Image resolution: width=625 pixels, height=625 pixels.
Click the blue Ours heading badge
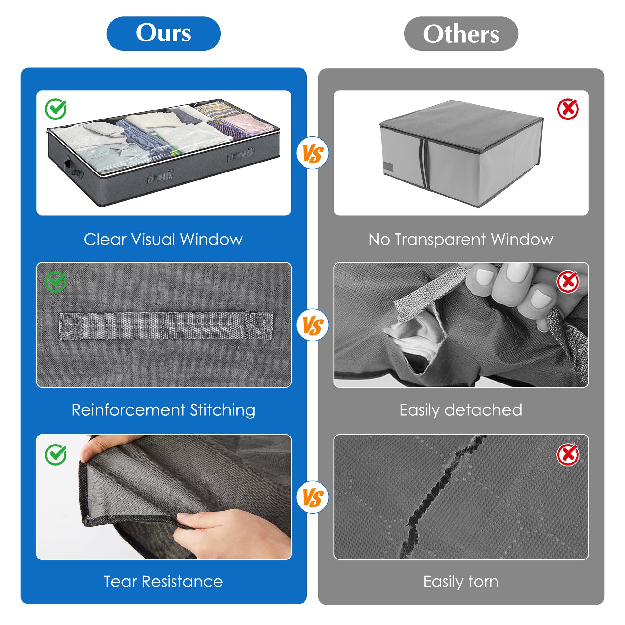pyautogui.click(x=163, y=34)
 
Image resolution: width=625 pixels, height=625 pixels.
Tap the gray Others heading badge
pyautogui.click(x=461, y=34)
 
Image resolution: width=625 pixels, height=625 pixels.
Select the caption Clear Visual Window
pyautogui.click(x=163, y=240)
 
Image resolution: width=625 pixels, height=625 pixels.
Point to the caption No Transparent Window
pyautogui.click(x=461, y=240)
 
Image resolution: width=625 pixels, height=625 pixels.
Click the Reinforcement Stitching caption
pyautogui.click(x=163, y=410)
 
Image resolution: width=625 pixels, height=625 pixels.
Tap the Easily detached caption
pyautogui.click(x=461, y=410)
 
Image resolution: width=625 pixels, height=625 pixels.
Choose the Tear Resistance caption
pyautogui.click(x=163, y=582)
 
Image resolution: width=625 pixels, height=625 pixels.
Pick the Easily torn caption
pyautogui.click(x=461, y=582)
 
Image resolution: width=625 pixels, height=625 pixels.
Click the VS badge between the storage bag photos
pyautogui.click(x=312, y=153)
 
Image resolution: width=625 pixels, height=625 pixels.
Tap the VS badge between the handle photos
pyautogui.click(x=312, y=325)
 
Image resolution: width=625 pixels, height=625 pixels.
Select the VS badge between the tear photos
pyautogui.click(x=312, y=497)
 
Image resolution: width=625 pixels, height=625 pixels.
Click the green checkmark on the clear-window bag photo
pyautogui.click(x=56, y=109)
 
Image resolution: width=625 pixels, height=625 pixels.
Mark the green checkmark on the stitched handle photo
pyautogui.click(x=56, y=282)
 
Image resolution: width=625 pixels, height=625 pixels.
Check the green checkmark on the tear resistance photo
pyautogui.click(x=56, y=454)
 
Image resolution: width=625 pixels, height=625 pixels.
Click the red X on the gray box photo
pyautogui.click(x=568, y=109)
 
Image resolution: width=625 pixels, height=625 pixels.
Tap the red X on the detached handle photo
pyautogui.click(x=568, y=282)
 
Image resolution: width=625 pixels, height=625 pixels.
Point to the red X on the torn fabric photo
pyautogui.click(x=568, y=454)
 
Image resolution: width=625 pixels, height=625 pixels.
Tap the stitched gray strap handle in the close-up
pyautogui.click(x=166, y=326)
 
